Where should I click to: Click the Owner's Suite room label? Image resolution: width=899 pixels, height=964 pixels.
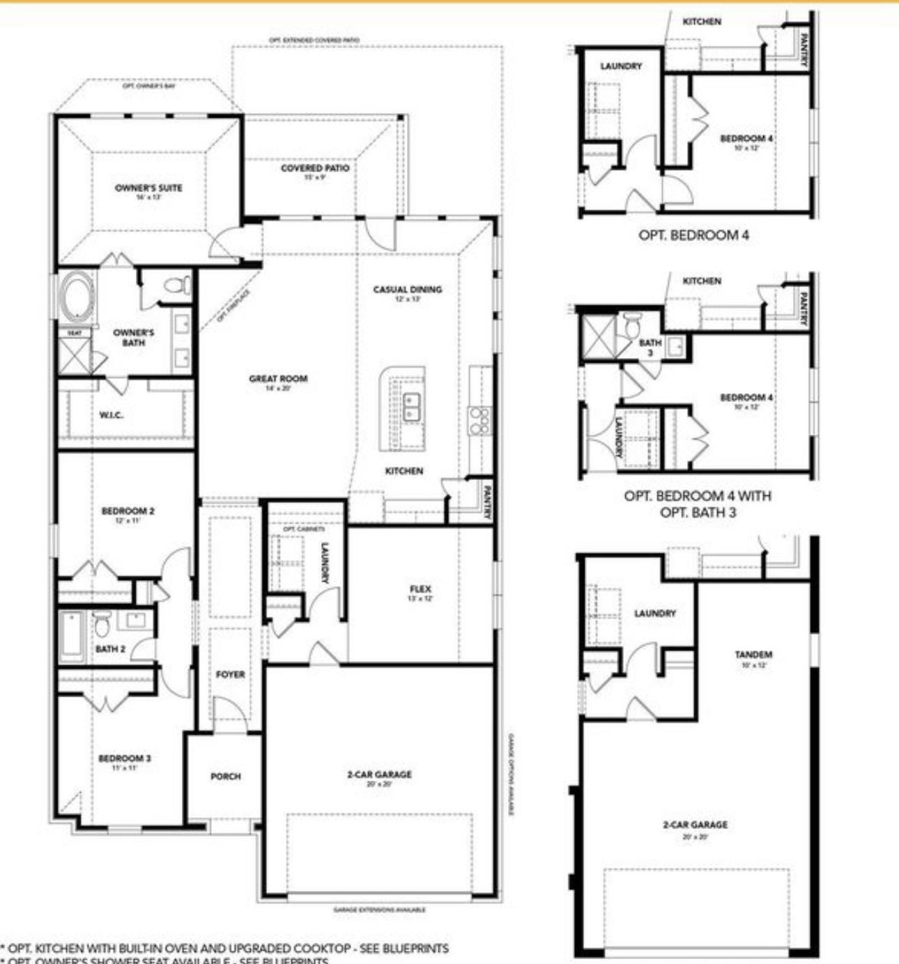pyautogui.click(x=148, y=188)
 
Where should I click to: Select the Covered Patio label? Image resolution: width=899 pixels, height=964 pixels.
pyautogui.click(x=315, y=169)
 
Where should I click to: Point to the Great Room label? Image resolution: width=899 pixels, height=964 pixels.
pyautogui.click(x=278, y=379)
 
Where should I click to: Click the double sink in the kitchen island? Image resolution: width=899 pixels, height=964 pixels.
pyautogui.click(x=411, y=407)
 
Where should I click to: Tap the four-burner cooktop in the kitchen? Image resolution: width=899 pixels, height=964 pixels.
pyautogui.click(x=479, y=421)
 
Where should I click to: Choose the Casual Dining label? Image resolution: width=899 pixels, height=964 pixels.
pyautogui.click(x=408, y=290)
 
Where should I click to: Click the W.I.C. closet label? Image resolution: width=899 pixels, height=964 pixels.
pyautogui.click(x=112, y=415)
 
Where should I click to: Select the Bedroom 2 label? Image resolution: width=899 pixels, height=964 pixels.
pyautogui.click(x=128, y=511)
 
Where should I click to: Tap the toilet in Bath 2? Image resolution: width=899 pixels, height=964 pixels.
pyautogui.click(x=102, y=623)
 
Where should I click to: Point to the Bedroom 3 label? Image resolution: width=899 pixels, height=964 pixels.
pyautogui.click(x=124, y=759)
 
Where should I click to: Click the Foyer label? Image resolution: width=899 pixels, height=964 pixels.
pyautogui.click(x=230, y=675)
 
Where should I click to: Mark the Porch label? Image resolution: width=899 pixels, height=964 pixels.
pyautogui.click(x=225, y=776)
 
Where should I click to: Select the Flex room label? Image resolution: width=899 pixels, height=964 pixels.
pyautogui.click(x=420, y=590)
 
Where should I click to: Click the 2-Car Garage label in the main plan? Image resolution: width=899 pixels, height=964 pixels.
pyautogui.click(x=379, y=775)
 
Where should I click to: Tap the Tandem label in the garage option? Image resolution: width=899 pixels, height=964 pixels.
pyautogui.click(x=753, y=655)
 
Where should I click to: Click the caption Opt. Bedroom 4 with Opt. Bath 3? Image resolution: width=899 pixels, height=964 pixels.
pyautogui.click(x=697, y=504)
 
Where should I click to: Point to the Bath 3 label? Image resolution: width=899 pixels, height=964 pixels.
pyautogui.click(x=650, y=348)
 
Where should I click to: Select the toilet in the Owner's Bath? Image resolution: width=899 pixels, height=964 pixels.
pyautogui.click(x=176, y=286)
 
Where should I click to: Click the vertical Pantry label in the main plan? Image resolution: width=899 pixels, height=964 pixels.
pyautogui.click(x=487, y=503)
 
